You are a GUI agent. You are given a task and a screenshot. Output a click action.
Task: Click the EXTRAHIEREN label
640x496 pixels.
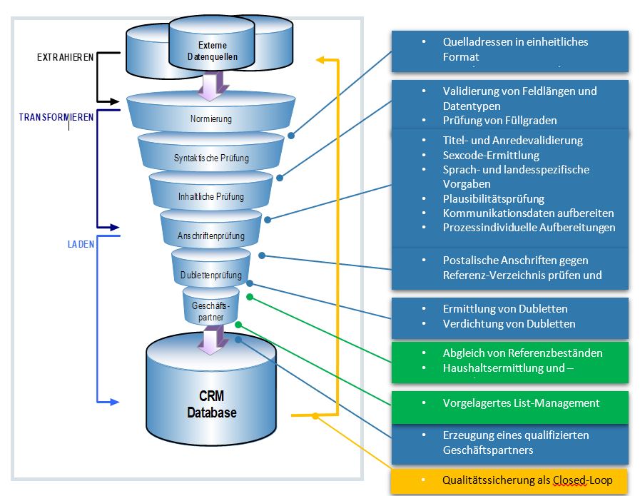tap(64, 57)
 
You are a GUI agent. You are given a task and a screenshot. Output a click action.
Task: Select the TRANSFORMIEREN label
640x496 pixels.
tap(56, 117)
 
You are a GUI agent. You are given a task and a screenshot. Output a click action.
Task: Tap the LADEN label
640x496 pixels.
tap(76, 243)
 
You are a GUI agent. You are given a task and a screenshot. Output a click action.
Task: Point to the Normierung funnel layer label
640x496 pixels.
tap(211, 119)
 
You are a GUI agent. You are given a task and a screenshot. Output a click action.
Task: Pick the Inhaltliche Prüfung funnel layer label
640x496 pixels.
tap(210, 196)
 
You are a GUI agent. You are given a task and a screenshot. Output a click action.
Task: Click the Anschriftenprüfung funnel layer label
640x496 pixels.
tap(210, 236)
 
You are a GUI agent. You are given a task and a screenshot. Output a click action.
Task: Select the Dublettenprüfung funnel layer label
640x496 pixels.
tap(211, 275)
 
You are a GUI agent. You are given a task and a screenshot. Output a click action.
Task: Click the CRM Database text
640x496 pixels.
tap(211, 404)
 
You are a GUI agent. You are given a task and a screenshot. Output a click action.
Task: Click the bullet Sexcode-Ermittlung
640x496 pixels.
tap(490, 155)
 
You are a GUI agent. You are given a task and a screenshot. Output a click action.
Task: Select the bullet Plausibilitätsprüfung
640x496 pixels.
tap(493, 198)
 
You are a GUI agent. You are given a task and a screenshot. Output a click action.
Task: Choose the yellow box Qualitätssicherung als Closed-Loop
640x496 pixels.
tap(509, 480)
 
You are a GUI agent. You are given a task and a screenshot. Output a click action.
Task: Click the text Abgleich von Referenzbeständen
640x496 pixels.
tap(522, 353)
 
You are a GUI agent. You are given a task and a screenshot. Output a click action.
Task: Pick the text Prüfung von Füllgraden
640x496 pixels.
tap(499, 120)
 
